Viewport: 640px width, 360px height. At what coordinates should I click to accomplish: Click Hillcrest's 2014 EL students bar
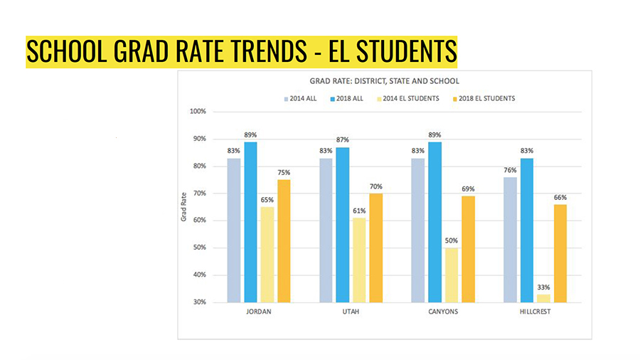543,298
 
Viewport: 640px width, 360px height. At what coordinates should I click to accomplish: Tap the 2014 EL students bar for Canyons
452,275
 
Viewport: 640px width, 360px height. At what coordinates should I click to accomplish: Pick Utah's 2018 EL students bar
376,248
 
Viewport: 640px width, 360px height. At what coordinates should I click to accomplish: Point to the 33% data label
543,287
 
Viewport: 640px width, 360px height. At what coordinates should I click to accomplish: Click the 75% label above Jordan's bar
284,172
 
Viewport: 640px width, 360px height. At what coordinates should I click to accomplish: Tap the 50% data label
452,241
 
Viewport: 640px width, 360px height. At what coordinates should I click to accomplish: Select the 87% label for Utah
343,139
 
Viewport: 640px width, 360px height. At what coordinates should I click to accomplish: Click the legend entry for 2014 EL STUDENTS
410,98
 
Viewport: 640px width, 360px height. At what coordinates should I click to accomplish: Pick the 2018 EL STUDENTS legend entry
483,98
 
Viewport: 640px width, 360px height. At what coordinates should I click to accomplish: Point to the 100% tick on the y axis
198,112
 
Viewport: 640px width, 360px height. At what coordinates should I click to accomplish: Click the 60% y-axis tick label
199,221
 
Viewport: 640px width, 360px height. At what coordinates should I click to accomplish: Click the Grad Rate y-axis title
183,206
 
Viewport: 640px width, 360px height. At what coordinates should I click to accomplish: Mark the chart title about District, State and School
384,81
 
